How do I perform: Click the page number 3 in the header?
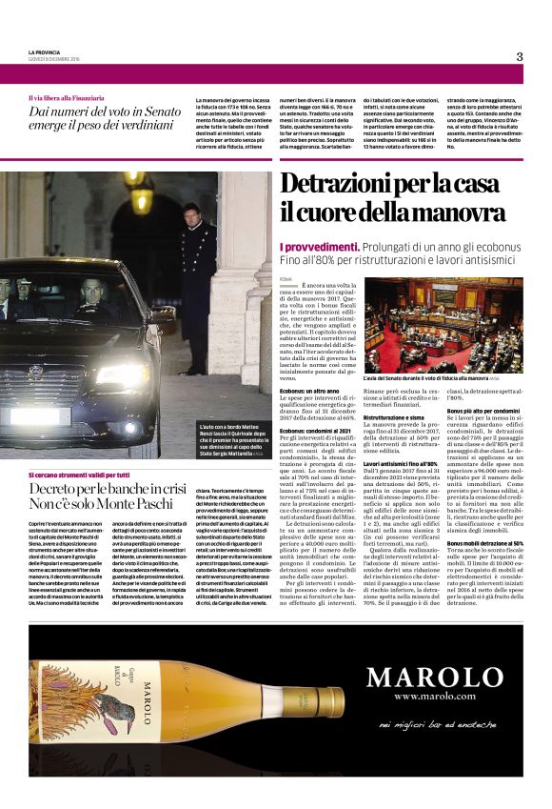click(x=520, y=56)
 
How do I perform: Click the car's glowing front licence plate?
click(x=35, y=416)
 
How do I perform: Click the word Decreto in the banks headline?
click(x=54, y=487)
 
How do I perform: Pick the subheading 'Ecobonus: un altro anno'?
click(x=309, y=390)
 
